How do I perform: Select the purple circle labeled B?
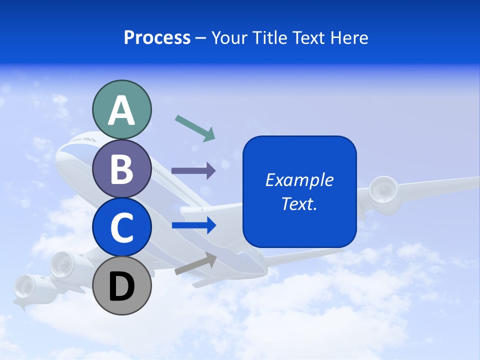tap(121, 168)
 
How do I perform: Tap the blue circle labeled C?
tap(121, 227)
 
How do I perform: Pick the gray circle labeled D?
tap(121, 286)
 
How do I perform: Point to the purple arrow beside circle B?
tap(193, 170)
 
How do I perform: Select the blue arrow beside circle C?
tap(194, 225)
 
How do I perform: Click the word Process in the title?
tap(157, 37)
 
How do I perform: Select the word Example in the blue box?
tap(299, 180)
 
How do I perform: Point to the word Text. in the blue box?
tap(299, 203)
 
